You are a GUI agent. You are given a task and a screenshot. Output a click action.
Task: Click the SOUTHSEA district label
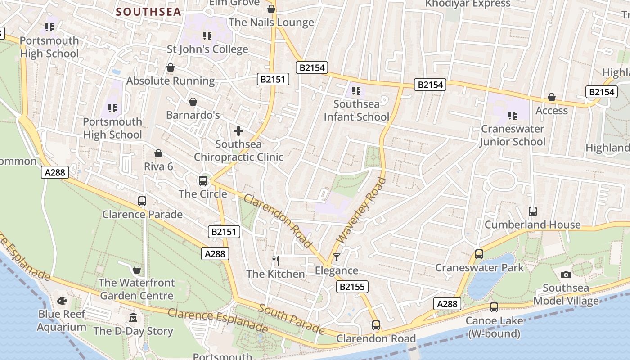pyautogui.click(x=148, y=12)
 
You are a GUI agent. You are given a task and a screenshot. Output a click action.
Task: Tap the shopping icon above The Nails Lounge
pyautogui.click(x=271, y=9)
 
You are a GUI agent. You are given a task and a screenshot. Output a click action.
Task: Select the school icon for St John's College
pyautogui.click(x=207, y=36)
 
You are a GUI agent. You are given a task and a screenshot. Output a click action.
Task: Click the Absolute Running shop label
pyautogui.click(x=171, y=81)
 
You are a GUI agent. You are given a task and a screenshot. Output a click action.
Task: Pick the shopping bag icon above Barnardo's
pyautogui.click(x=193, y=102)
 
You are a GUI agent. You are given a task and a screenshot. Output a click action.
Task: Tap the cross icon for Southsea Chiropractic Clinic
pyautogui.click(x=238, y=131)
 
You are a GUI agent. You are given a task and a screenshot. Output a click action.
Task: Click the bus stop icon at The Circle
pyautogui.click(x=203, y=181)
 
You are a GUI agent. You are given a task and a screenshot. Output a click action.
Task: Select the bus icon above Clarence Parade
pyautogui.click(x=142, y=201)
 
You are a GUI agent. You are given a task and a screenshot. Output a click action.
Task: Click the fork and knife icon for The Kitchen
pyautogui.click(x=276, y=260)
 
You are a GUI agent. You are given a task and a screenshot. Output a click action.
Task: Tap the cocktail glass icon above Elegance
pyautogui.click(x=336, y=257)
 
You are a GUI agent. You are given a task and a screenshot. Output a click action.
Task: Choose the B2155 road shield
pyautogui.click(x=352, y=287)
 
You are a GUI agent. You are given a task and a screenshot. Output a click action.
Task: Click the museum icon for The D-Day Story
pyautogui.click(x=133, y=318)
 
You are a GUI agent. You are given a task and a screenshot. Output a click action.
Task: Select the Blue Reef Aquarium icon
pyautogui.click(x=62, y=300)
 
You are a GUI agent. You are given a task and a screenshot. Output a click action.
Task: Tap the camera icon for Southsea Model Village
pyautogui.click(x=566, y=274)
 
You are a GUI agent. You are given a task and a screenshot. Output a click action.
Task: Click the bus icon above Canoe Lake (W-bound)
pyautogui.click(x=494, y=307)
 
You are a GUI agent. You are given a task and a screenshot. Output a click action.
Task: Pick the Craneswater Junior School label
pyautogui.click(x=512, y=135)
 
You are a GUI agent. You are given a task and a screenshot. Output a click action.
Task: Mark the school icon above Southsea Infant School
pyautogui.click(x=356, y=91)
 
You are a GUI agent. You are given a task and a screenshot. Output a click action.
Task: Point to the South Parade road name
pyautogui.click(x=291, y=319)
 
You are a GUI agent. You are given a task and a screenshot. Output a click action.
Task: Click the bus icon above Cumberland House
pyautogui.click(x=533, y=211)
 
